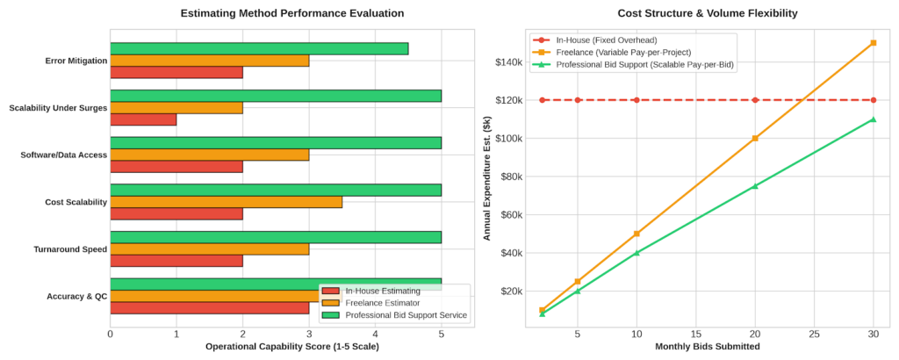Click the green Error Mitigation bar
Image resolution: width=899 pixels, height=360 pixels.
click(259, 48)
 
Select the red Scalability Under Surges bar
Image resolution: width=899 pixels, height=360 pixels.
click(143, 119)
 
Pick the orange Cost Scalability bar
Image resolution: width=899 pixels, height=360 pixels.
click(227, 202)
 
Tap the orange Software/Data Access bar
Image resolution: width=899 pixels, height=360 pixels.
click(210, 155)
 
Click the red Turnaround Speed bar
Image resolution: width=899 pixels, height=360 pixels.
click(176, 261)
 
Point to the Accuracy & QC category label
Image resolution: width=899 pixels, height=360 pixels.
click(77, 296)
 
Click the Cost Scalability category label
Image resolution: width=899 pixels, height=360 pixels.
click(76, 202)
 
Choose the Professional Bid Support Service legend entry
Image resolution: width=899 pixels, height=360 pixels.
click(395, 314)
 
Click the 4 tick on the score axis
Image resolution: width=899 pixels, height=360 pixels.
click(375, 333)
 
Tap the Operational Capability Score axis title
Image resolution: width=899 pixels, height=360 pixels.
click(292, 347)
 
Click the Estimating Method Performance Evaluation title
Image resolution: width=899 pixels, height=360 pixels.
click(292, 13)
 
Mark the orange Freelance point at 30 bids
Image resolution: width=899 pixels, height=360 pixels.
click(874, 42)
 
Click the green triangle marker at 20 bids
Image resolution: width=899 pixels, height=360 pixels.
click(755, 186)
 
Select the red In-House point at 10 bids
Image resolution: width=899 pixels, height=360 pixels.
click(637, 100)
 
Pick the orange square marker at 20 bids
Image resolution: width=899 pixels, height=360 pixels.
click(755, 138)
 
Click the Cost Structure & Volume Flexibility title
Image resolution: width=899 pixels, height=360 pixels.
click(707, 13)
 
